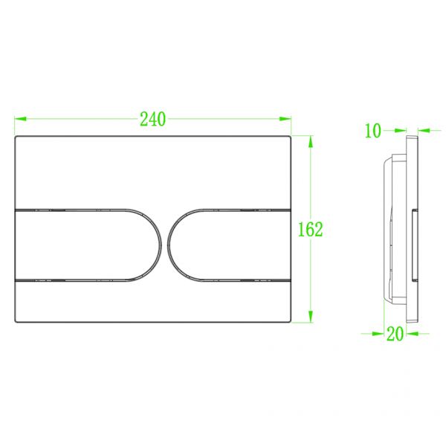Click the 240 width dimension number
152,119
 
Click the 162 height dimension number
310,229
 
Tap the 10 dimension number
372,131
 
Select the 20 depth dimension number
395,334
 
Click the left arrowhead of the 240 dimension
20,119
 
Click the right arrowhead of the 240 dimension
285,119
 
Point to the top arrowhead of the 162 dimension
311,142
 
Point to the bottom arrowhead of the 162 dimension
311,317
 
